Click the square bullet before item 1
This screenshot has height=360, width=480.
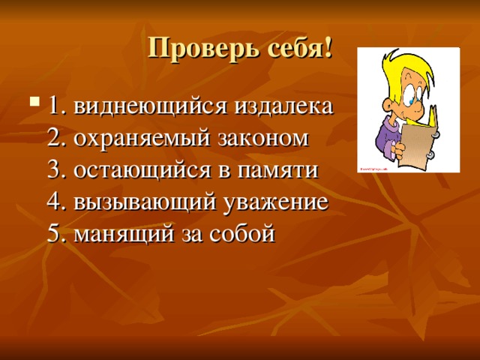(x=34, y=100)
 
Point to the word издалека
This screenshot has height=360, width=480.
(x=283, y=107)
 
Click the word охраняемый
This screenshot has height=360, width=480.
(x=142, y=139)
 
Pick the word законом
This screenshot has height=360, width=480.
(x=263, y=139)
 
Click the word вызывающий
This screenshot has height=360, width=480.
(x=145, y=202)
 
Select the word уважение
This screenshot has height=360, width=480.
(x=276, y=203)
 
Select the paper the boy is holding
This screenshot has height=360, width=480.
(x=418, y=142)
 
